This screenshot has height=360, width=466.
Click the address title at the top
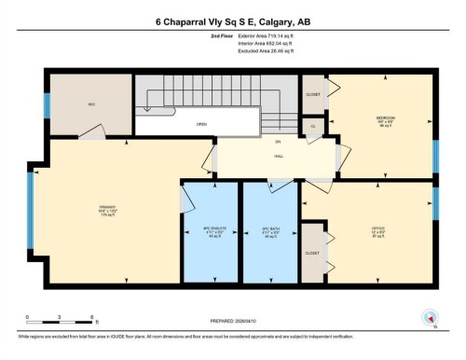pos(232,21)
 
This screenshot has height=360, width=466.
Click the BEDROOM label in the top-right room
pos(385,120)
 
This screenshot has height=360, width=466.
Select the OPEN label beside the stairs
pos(200,123)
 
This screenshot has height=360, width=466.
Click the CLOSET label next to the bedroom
pos(313,94)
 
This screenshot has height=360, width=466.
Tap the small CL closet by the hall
pos(313,125)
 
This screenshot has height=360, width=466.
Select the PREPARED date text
pos(233,322)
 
